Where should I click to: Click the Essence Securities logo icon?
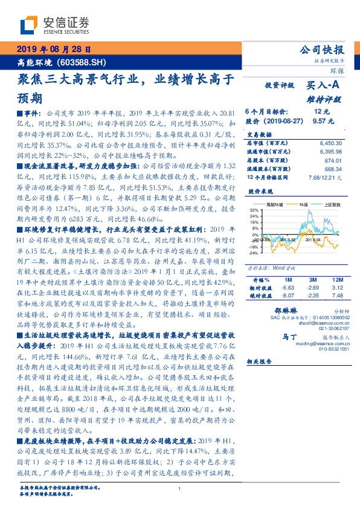(x=28, y=25)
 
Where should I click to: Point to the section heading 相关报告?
(x=261, y=361)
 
